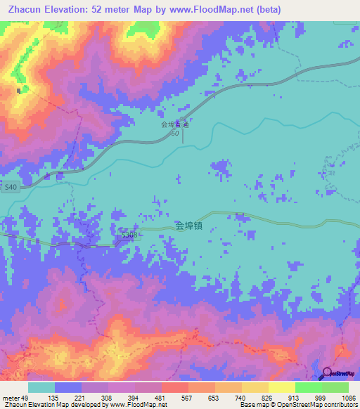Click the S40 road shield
(10, 188)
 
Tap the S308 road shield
(129, 234)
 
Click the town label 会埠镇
(189, 226)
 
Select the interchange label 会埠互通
(175, 124)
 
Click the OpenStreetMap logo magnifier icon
(328, 374)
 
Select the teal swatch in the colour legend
(41, 387)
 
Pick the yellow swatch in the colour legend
(281, 387)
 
